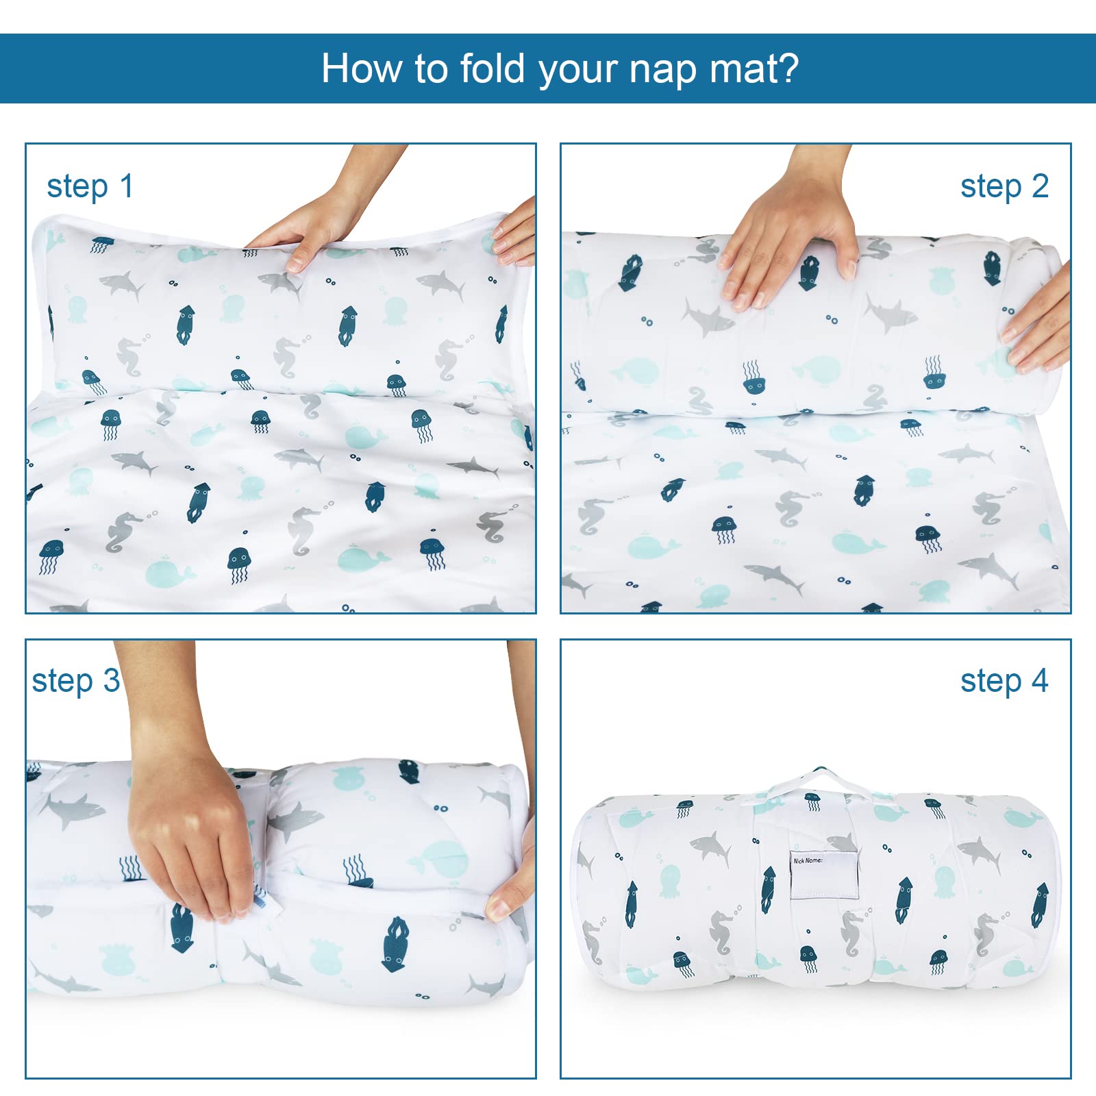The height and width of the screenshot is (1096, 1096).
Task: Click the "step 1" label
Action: coord(90,187)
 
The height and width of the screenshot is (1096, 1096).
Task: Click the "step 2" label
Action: coord(1004,187)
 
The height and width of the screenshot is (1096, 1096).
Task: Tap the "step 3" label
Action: coord(75,682)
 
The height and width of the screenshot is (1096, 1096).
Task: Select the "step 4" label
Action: coord(1004,682)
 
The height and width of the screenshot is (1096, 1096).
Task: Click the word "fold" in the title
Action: coord(492,68)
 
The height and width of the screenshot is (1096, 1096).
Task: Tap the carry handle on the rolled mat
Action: coord(819,781)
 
